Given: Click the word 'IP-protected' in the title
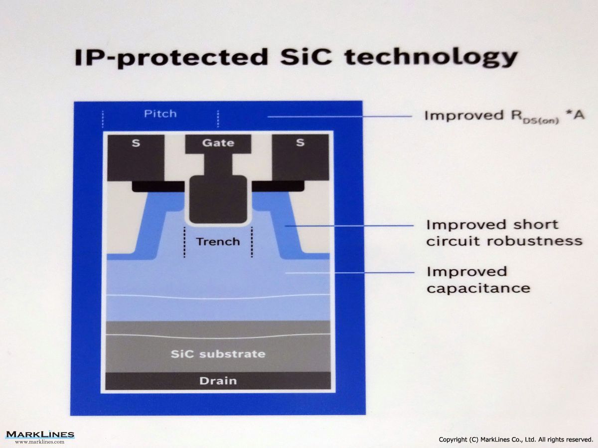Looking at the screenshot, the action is coord(171,58).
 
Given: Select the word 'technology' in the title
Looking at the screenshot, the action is coord(431,58).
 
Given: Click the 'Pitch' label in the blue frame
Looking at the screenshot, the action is coord(160,113).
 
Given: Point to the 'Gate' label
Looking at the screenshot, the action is coord(218,143).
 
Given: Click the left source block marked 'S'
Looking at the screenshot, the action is coord(136,158).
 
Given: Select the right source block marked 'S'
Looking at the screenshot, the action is coord(300,157).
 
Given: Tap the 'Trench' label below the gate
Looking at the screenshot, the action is coord(218,241).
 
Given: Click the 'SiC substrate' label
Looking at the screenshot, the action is coord(218,354).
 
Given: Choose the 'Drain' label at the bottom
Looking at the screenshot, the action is coord(218,381).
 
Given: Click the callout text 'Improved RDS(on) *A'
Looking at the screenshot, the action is coord(504,116).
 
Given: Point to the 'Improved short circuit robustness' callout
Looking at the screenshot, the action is coord(504,233).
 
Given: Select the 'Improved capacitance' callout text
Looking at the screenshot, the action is coord(478,280).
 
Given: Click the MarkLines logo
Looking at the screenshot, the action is coord(40,435).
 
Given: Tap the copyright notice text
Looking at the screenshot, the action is coord(516,440).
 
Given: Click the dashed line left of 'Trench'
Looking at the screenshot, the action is coord(184,242).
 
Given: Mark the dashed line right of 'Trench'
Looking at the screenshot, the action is coord(252,242).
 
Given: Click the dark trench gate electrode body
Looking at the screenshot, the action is coord(218,200).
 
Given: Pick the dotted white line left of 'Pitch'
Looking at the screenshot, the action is coord(103,119).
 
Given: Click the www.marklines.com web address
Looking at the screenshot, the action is coord(40,442).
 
